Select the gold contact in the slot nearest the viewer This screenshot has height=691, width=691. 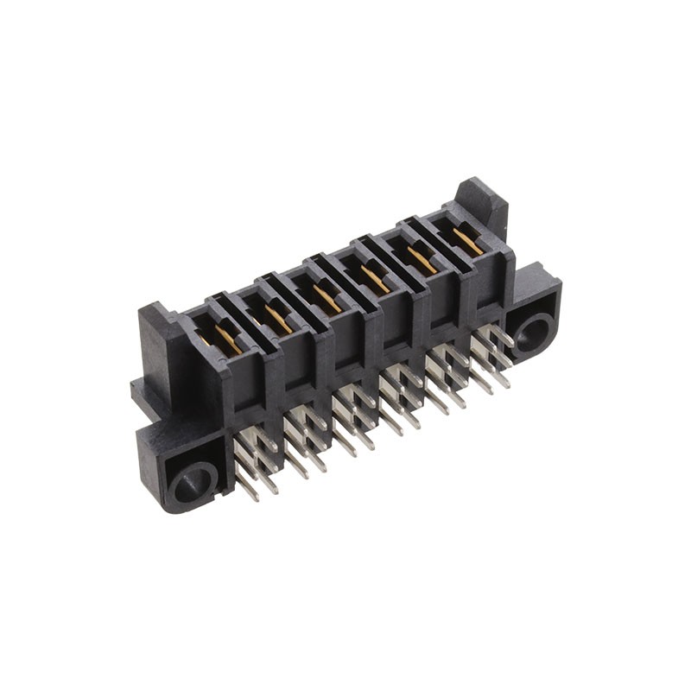tap(226, 338)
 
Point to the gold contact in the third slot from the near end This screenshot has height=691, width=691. tap(326, 298)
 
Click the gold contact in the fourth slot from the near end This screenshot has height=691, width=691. tap(375, 278)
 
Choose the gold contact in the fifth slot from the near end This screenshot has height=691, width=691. tap(422, 259)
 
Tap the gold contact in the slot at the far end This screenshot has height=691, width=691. tap(468, 241)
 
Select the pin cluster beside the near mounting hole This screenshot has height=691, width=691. tap(254, 463)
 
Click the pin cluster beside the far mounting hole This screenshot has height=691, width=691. tap(491, 354)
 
